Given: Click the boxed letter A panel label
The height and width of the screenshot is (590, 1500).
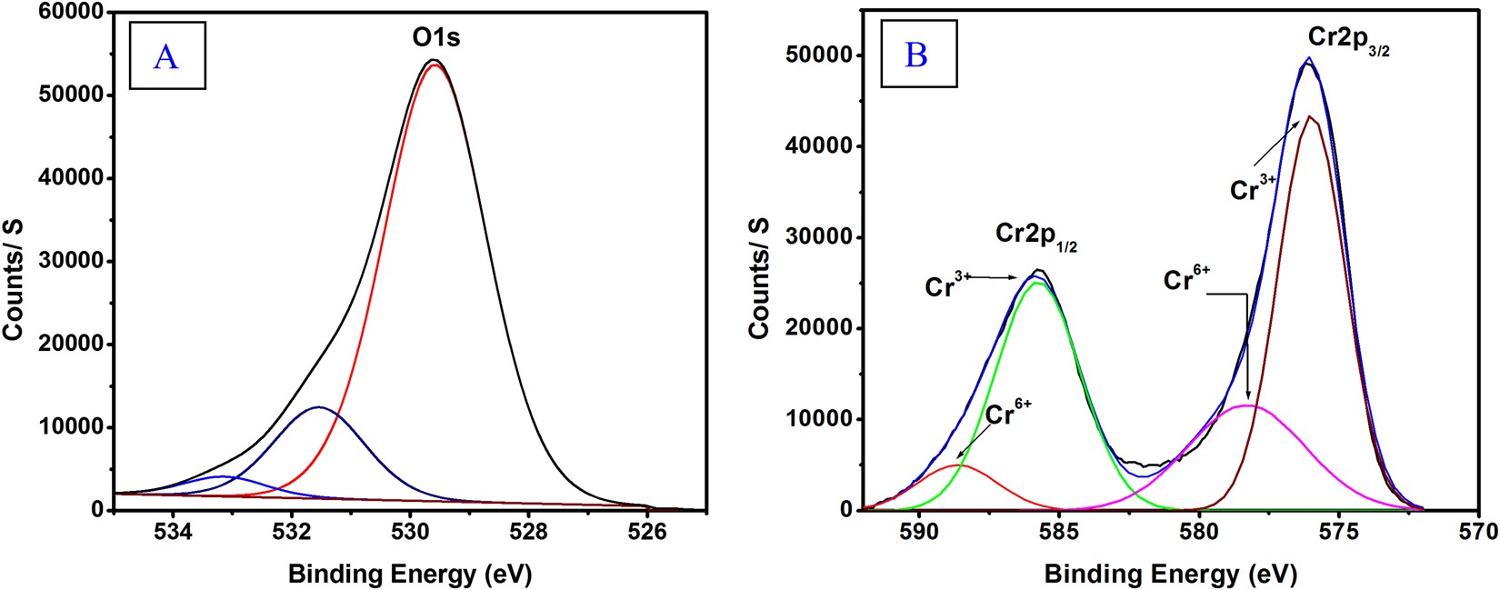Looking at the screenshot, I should click(x=166, y=56).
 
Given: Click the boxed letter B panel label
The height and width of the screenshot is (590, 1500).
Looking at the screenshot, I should click(x=916, y=55).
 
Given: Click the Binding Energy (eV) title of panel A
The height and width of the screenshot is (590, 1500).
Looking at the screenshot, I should click(x=409, y=574).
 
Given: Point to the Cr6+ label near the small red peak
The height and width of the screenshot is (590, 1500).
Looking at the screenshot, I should click(x=1009, y=414).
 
